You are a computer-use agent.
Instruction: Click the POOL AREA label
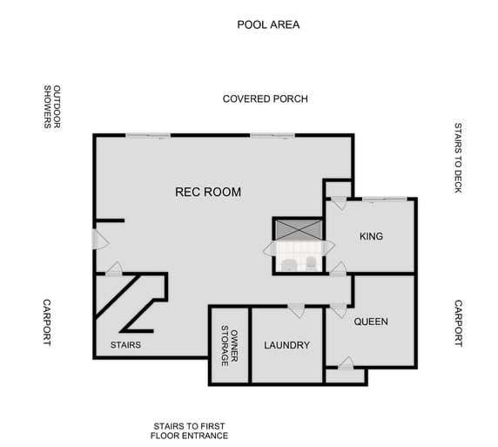coord(268,24)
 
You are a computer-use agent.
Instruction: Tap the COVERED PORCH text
coord(265,98)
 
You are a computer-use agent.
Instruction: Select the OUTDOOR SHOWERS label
coord(53,107)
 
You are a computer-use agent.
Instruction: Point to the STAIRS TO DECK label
coord(458,157)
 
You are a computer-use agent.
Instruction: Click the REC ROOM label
coord(208,192)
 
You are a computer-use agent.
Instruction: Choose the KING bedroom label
coord(371,236)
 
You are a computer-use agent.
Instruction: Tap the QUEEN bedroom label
coord(371,322)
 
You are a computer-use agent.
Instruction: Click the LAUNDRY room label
coord(286,345)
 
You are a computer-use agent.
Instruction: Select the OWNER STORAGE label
coord(229,345)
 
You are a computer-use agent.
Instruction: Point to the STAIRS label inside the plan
coord(125,345)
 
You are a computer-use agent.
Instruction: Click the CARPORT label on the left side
coord(48,322)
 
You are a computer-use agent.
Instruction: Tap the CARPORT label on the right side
coord(458,323)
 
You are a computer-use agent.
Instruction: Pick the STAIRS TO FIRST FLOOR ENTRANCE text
coord(189,430)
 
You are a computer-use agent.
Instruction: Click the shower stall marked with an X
coord(299,230)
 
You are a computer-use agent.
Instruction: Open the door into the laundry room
coord(296,310)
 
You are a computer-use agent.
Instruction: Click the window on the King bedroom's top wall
coord(384,200)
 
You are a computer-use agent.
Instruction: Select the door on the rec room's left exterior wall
coord(98,238)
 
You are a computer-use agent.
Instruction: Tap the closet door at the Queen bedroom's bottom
coord(346,363)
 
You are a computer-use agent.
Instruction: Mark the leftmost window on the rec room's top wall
coord(147,135)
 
